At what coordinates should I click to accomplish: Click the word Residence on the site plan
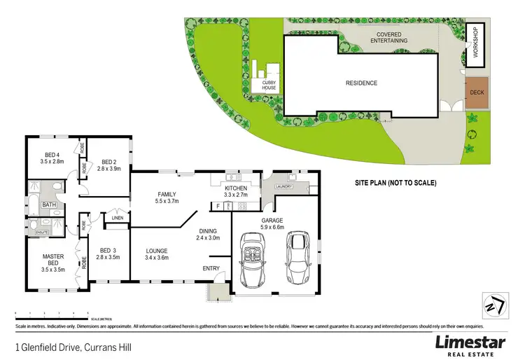click(361, 83)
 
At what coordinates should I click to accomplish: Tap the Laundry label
click(283, 186)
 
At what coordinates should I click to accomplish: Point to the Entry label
click(211, 268)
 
